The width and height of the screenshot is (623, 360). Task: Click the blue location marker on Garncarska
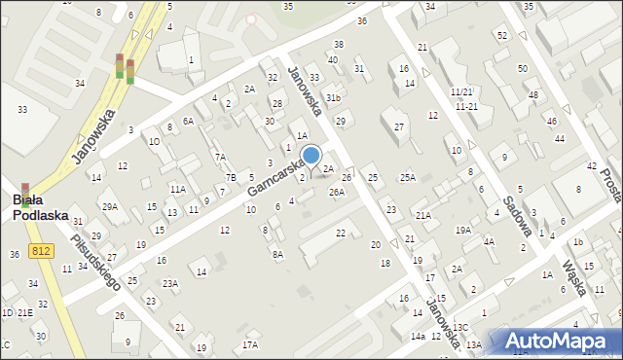pyautogui.click(x=311, y=156)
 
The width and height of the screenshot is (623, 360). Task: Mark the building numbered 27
pyautogui.click(x=398, y=127)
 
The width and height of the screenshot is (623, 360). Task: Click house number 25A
pyautogui.click(x=407, y=177)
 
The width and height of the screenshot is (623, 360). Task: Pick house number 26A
pyautogui.click(x=337, y=193)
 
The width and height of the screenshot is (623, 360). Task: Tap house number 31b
pyautogui.click(x=333, y=98)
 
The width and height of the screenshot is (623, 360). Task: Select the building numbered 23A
pyautogui.click(x=170, y=284)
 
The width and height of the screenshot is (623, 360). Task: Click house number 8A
pyautogui.click(x=277, y=254)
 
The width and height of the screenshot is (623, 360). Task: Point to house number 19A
pyautogui.click(x=462, y=231)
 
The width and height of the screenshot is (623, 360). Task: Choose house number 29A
pyautogui.click(x=110, y=206)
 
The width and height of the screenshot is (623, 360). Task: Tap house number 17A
pyautogui.click(x=250, y=344)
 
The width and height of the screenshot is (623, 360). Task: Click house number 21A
pyautogui.click(x=422, y=216)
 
